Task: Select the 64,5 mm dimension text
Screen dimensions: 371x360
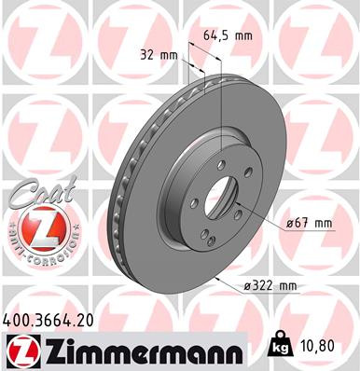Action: (226, 36)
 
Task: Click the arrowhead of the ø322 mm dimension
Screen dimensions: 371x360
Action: (216, 277)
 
